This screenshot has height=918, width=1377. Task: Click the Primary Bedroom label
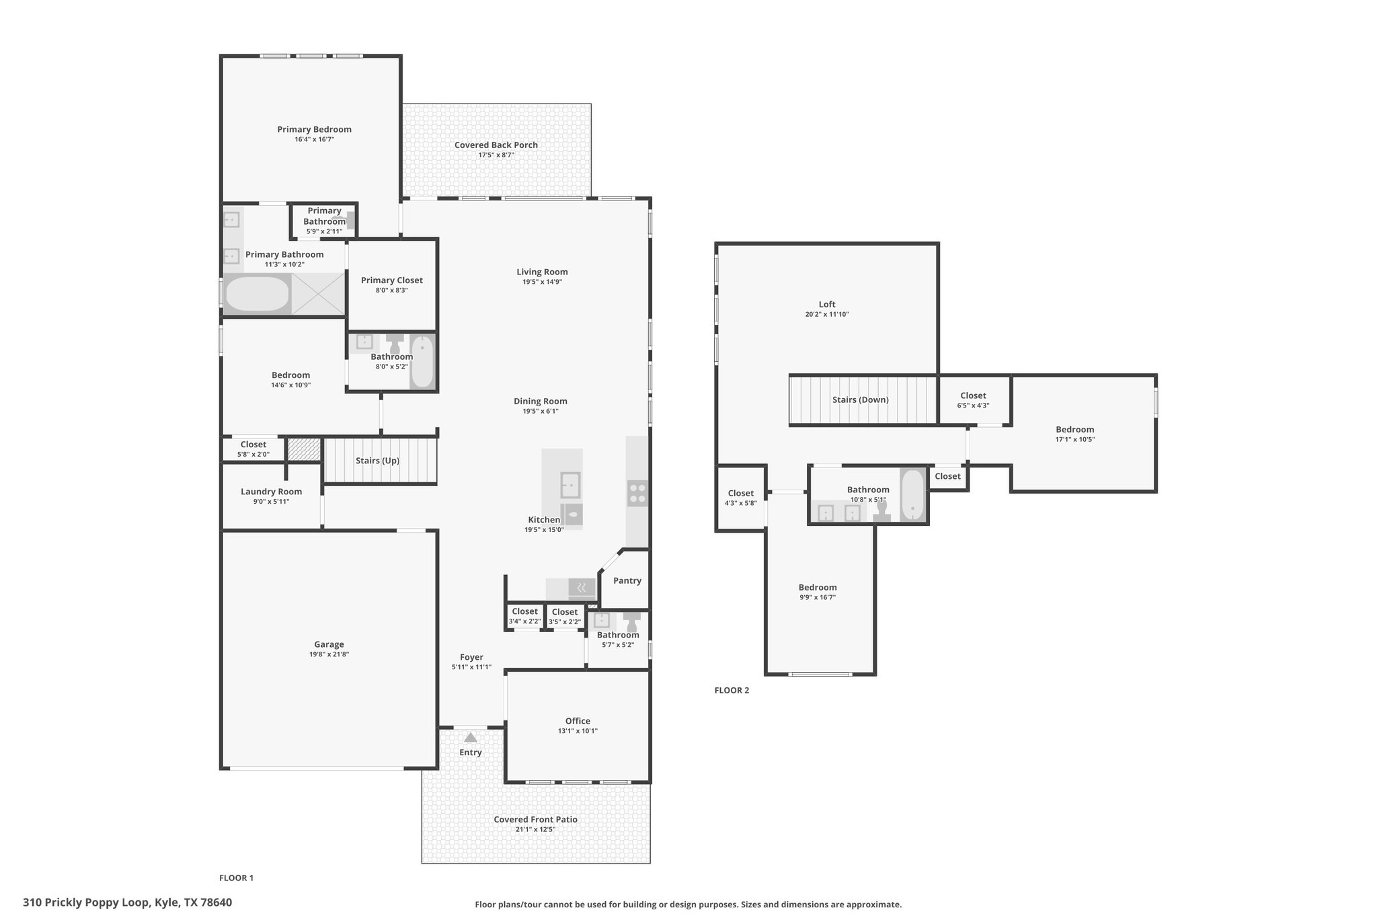click(x=314, y=129)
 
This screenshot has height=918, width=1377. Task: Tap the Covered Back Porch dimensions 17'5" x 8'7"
click(x=496, y=155)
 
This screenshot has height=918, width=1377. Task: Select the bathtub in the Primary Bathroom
click(x=257, y=294)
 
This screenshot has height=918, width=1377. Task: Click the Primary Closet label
click(x=392, y=280)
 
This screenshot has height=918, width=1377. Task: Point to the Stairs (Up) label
click(x=377, y=461)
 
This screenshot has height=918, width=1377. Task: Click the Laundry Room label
click(x=272, y=492)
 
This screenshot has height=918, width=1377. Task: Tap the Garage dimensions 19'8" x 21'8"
click(x=329, y=654)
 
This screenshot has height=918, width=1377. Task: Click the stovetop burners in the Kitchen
click(x=637, y=494)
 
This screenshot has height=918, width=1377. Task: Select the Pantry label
click(x=627, y=580)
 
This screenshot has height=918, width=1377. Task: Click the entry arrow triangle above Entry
click(x=471, y=738)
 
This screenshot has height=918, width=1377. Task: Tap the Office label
click(x=578, y=721)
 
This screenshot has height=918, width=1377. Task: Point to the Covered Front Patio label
click(x=536, y=819)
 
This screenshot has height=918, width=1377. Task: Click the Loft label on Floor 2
click(x=827, y=304)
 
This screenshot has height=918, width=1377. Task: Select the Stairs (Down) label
click(x=861, y=399)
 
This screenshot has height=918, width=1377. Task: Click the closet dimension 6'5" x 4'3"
click(x=974, y=406)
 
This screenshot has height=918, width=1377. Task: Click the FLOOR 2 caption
click(x=732, y=690)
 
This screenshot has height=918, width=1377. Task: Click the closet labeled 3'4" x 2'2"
click(x=525, y=616)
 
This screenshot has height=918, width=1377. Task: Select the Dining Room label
click(x=541, y=401)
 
